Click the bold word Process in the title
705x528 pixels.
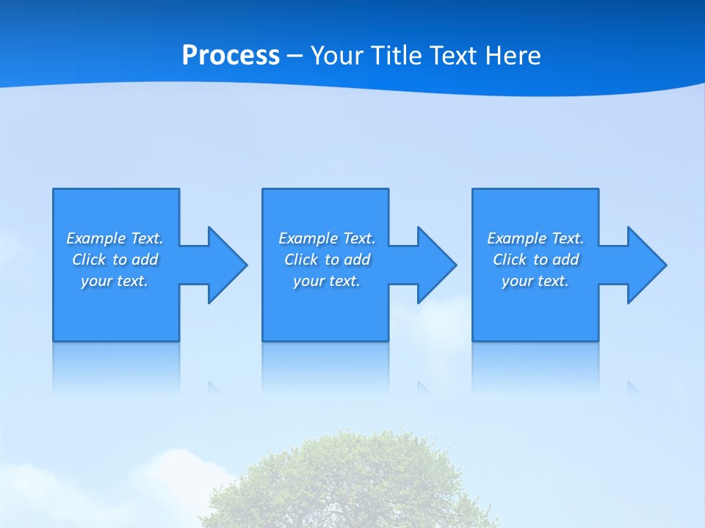click(231, 56)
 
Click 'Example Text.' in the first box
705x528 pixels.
click(115, 238)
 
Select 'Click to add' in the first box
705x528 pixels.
click(115, 260)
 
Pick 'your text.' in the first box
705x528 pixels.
click(115, 281)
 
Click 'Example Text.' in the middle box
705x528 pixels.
click(327, 238)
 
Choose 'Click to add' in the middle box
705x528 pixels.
click(327, 260)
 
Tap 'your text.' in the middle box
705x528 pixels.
click(327, 281)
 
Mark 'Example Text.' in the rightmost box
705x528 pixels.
click(535, 238)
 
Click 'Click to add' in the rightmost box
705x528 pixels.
click(535, 260)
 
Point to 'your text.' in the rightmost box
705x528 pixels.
click(535, 281)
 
